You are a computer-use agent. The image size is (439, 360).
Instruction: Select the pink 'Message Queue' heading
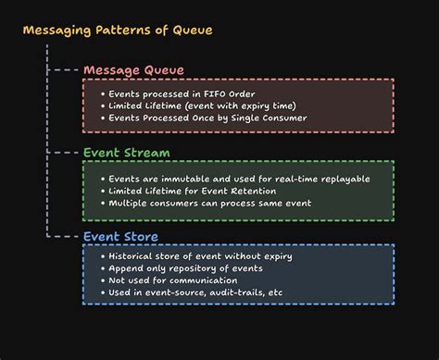(x=133, y=70)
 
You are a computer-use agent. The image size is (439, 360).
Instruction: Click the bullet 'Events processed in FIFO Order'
(x=180, y=93)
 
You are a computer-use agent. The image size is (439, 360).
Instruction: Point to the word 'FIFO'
(x=213, y=93)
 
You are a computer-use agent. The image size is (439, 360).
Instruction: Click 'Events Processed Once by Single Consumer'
(x=207, y=119)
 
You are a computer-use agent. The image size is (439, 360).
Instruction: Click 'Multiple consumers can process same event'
(x=211, y=203)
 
